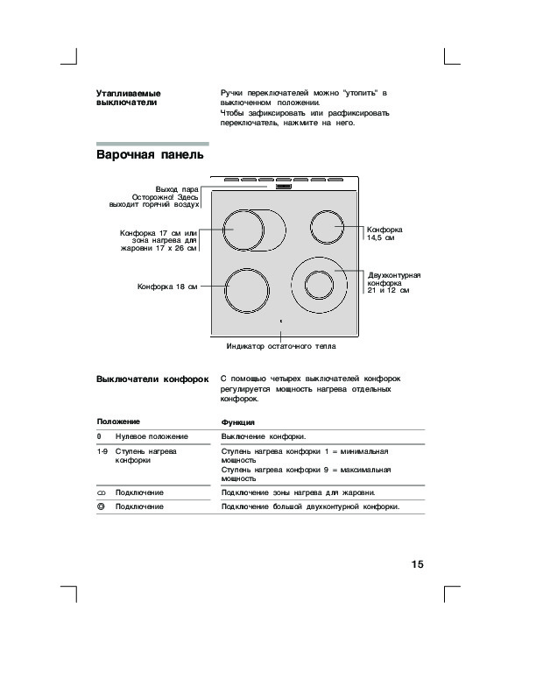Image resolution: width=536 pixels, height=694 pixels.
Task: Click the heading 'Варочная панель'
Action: point(150,156)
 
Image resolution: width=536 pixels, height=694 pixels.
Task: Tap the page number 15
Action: point(417,563)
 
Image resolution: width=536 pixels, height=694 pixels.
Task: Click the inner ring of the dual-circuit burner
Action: point(320,286)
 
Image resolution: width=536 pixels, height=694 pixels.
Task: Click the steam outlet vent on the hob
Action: point(283,186)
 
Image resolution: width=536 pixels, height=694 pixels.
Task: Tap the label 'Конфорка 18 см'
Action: point(167,287)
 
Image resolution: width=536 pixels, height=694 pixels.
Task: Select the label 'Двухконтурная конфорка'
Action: point(394,280)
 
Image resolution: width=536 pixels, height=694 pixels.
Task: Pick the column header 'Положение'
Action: point(118,421)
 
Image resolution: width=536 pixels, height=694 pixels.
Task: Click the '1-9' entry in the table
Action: point(102,451)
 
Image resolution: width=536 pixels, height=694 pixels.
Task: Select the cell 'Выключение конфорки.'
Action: point(264,436)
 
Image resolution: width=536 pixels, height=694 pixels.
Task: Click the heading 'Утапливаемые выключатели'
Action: point(128,97)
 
